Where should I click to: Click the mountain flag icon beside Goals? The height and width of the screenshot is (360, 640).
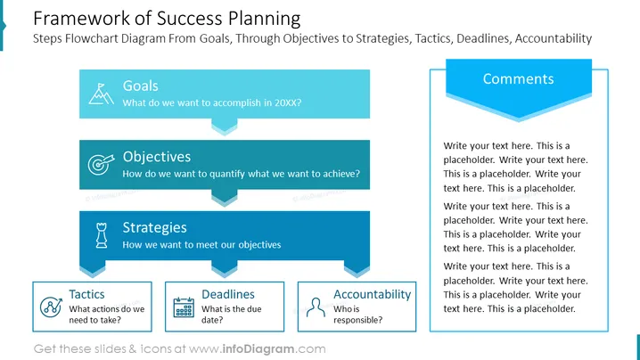click(x=102, y=94)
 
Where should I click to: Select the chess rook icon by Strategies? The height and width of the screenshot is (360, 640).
click(x=102, y=235)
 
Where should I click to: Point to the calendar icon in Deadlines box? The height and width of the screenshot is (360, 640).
click(x=184, y=307)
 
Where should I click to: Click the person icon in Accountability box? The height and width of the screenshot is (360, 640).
click(x=316, y=307)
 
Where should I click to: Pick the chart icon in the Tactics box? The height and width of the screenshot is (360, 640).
click(x=51, y=307)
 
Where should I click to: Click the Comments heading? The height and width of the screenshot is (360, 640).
click(x=519, y=78)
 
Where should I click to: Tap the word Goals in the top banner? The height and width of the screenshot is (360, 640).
click(x=141, y=86)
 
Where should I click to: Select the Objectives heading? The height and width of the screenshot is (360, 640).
click(x=157, y=157)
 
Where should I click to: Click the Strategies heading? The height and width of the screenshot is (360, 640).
click(x=155, y=227)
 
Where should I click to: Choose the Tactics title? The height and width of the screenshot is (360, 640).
click(x=86, y=294)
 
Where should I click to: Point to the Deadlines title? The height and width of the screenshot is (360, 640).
click(x=228, y=294)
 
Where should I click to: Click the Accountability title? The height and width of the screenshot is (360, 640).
click(x=373, y=294)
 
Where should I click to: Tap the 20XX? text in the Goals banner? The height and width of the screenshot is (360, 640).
click(x=288, y=102)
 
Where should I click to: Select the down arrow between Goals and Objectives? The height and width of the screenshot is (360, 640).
click(x=224, y=127)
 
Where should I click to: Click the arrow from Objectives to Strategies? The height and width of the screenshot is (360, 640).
click(x=224, y=198)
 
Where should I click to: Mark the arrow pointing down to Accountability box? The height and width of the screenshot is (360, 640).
click(x=357, y=269)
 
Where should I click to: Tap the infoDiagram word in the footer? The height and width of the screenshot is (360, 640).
click(x=258, y=349)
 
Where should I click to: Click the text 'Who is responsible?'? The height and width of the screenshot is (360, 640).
click(x=358, y=315)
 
